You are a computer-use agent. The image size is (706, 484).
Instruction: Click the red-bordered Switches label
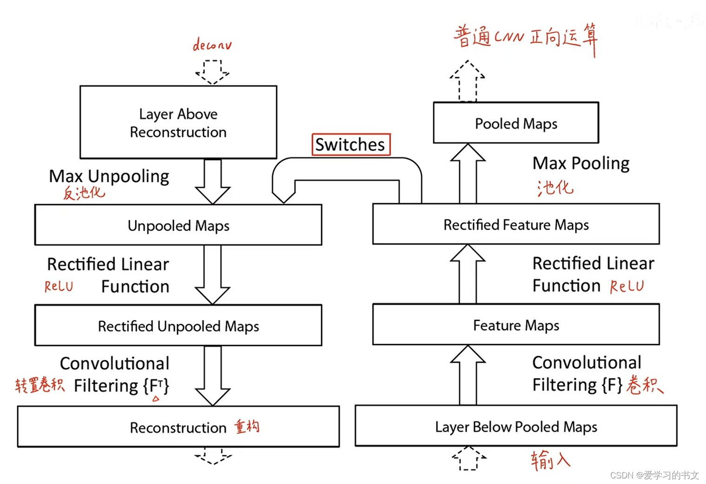click(350, 145)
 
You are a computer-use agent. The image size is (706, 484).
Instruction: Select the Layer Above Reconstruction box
click(178, 122)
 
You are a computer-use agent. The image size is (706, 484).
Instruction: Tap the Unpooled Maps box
click(178, 225)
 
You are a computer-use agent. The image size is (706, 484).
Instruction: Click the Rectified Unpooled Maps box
click(178, 325)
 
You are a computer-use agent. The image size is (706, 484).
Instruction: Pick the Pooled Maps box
click(515, 123)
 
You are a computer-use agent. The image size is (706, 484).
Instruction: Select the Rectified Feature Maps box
click(515, 225)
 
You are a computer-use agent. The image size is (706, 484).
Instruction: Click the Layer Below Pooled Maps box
click(515, 426)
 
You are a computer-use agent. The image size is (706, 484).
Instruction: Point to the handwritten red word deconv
click(212, 45)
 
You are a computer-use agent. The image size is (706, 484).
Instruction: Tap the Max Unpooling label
click(109, 176)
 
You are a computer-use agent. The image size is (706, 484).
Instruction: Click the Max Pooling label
click(581, 163)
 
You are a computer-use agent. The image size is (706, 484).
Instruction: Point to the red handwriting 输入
click(550, 460)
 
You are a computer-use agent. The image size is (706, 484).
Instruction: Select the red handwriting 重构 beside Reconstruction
click(246, 426)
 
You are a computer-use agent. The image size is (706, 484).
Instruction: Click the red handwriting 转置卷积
click(40, 385)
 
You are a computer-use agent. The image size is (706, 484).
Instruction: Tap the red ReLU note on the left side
click(59, 286)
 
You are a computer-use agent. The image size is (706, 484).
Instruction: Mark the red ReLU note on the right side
click(627, 286)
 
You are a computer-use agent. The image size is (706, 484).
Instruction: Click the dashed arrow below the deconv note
click(212, 72)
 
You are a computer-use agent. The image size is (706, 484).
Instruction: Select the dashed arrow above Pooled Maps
click(468, 81)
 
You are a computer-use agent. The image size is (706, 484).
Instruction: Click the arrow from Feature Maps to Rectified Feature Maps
click(468, 274)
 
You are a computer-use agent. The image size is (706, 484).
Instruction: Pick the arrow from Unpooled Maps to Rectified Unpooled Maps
click(212, 275)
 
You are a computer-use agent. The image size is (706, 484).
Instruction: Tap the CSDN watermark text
click(654, 475)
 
